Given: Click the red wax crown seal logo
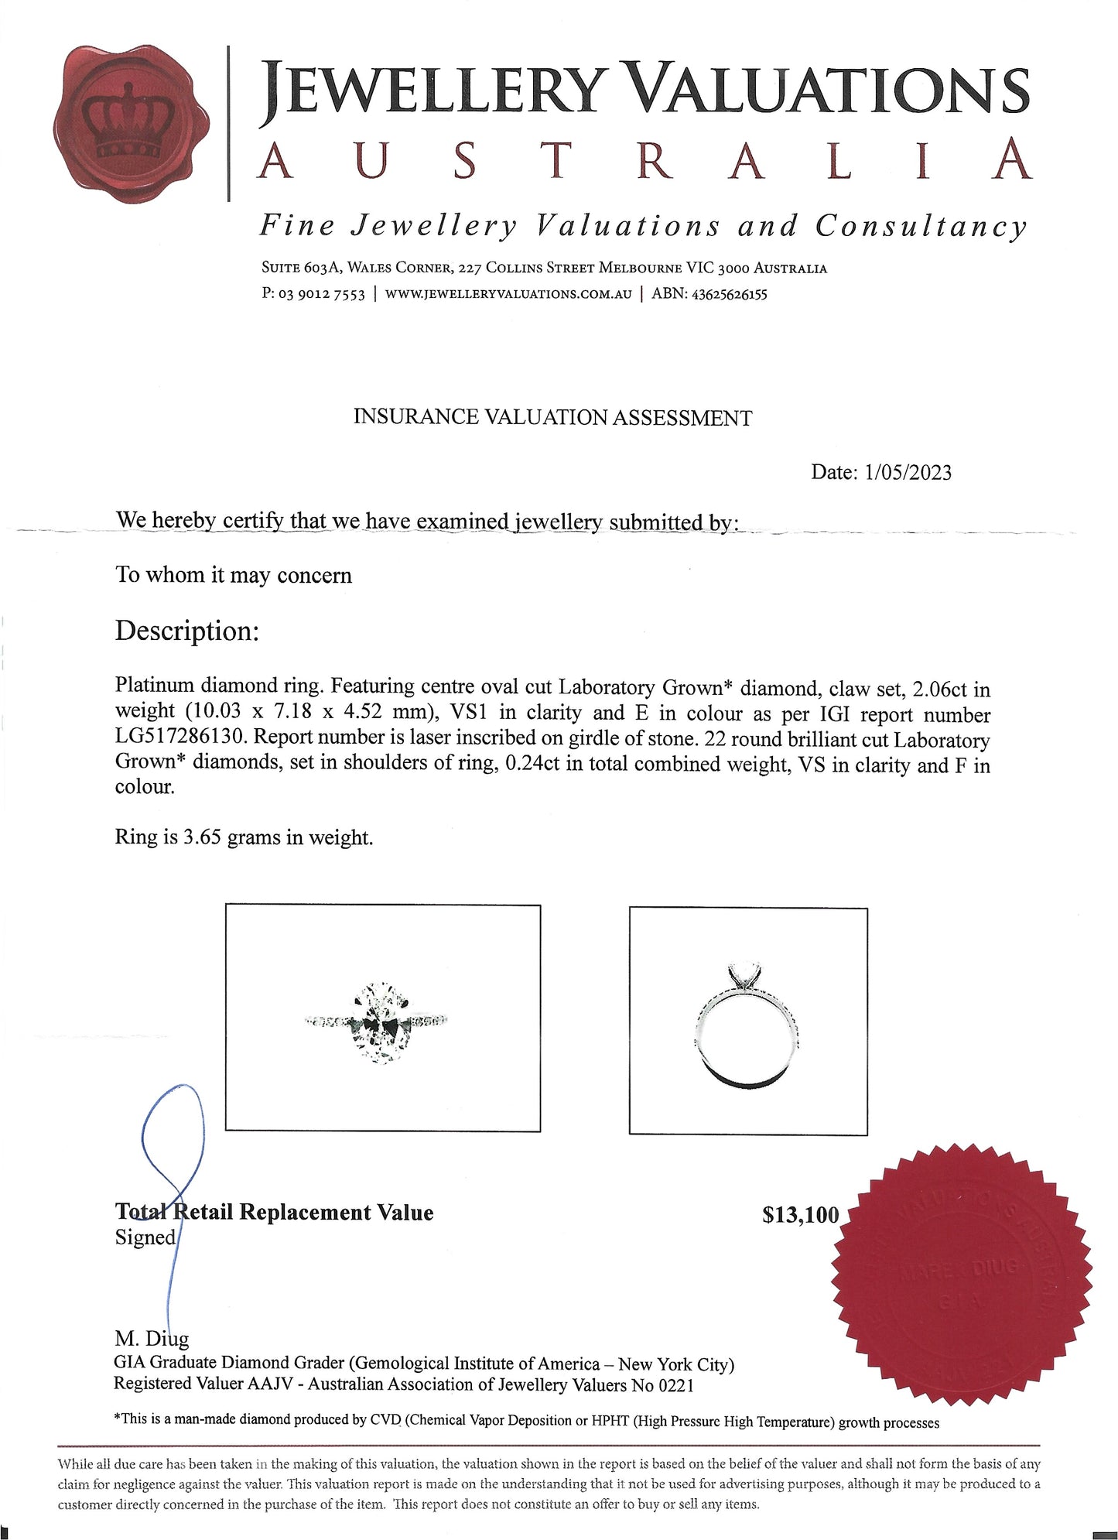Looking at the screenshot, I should pos(132,124).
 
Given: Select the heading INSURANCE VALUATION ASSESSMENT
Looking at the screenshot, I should pos(552,418).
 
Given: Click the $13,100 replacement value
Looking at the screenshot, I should pos(800,1215).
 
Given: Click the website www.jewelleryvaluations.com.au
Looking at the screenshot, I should pos(508,295).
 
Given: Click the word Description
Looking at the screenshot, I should pos(186,631).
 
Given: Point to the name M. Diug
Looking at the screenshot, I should pos(151,1338).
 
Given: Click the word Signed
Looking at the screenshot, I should pos(145,1237).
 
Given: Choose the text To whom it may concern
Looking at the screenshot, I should pos(234,576).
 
